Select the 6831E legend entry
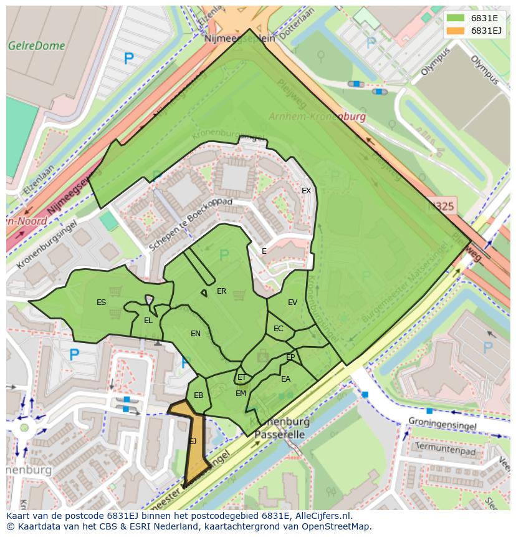click(x=484, y=19)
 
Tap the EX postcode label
click(x=306, y=191)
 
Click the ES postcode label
click(x=101, y=302)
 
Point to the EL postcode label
click(x=148, y=321)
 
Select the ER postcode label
click(x=221, y=291)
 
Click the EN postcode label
click(x=196, y=334)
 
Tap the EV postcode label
click(x=292, y=302)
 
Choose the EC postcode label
click(x=278, y=329)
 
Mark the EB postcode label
click(x=198, y=395)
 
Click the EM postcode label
click(x=241, y=394)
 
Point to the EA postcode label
click(x=285, y=379)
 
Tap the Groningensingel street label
click(x=442, y=426)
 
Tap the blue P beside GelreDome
click(x=128, y=59)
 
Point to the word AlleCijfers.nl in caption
click(x=322, y=516)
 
